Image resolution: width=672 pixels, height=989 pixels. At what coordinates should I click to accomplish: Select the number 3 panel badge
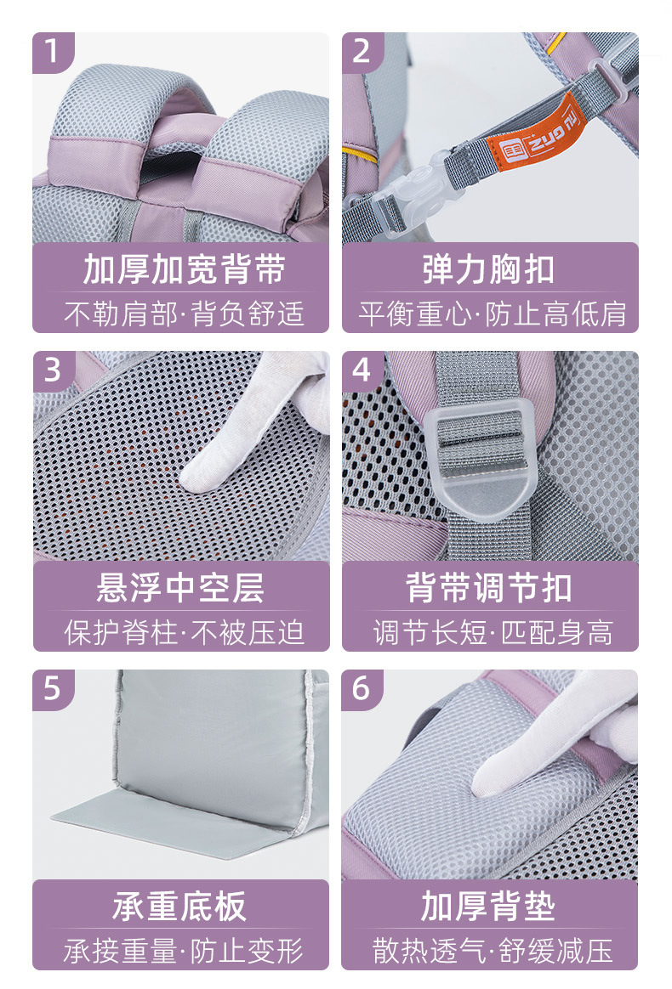tap(53, 370)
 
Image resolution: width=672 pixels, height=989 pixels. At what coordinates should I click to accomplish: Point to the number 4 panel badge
tap(362, 370)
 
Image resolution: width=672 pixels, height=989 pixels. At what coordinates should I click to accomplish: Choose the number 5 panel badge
tap(53, 689)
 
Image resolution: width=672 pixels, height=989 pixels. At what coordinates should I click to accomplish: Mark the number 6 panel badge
tap(362, 689)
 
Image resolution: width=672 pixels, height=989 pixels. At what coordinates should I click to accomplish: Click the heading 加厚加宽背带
tap(185, 270)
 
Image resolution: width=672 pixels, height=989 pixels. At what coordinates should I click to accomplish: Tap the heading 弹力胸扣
tap(489, 270)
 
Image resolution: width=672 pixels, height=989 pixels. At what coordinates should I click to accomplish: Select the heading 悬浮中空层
tap(180, 588)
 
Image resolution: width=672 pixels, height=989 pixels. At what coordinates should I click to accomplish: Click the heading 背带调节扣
tap(489, 588)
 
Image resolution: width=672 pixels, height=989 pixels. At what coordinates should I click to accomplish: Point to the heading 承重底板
tap(180, 907)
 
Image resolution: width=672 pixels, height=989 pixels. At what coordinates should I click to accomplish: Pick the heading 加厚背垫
tap(489, 907)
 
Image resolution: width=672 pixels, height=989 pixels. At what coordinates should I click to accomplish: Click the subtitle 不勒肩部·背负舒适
tap(184, 314)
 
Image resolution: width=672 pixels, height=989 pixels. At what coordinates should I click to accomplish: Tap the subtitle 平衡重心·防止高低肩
tap(493, 314)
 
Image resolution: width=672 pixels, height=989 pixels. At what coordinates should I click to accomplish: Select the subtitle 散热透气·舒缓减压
tap(493, 951)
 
